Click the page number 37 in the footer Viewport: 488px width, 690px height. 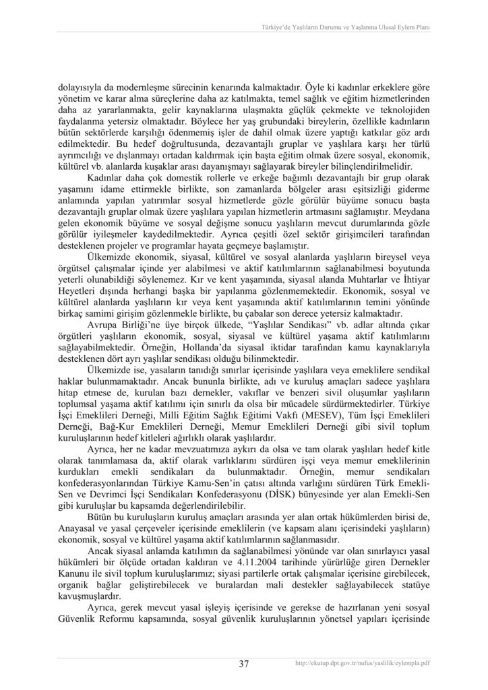(x=243, y=664)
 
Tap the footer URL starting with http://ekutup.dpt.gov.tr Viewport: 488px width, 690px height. (x=363, y=664)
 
